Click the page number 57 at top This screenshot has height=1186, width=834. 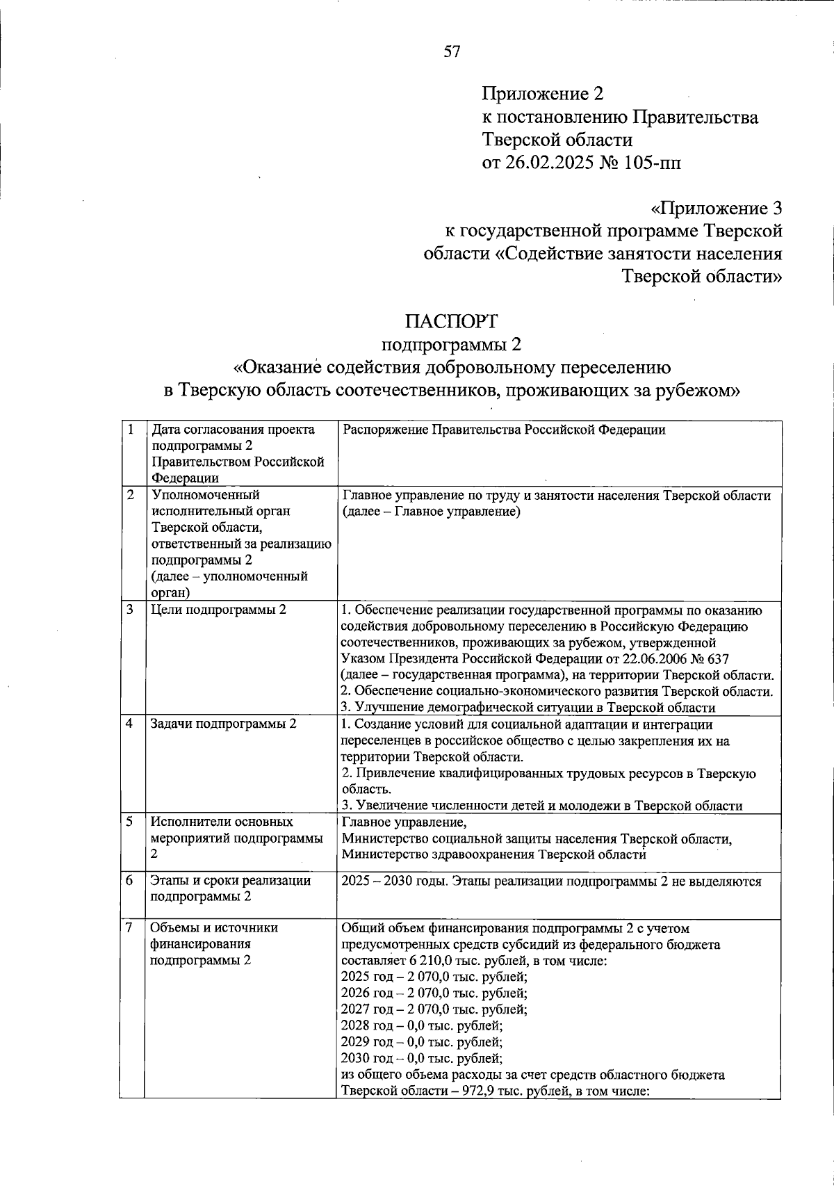tap(452, 51)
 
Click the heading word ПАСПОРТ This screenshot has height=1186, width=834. tap(452, 321)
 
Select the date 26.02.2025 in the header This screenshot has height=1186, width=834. tap(548, 163)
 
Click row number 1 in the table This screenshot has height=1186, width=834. tap(130, 429)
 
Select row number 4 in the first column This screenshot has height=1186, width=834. tap(130, 723)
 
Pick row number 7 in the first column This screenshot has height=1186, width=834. tap(130, 927)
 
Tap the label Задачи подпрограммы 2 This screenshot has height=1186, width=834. tap(224, 724)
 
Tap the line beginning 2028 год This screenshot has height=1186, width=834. tap(422, 1025)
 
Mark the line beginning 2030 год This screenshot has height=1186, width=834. tap(422, 1058)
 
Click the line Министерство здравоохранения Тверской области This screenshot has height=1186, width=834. tap(493, 854)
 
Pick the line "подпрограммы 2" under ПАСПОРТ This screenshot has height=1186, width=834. tap(452, 344)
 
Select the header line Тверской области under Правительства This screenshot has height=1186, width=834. tap(557, 140)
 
